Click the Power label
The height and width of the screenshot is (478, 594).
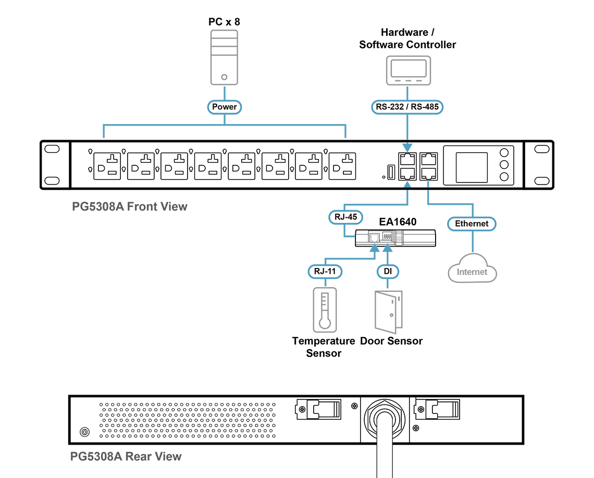[x=225, y=107]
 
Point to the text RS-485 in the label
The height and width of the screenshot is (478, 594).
[x=426, y=107]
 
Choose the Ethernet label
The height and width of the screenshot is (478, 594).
[x=472, y=224]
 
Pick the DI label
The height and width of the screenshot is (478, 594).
[x=388, y=271]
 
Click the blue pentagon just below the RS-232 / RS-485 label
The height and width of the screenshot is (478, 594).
[x=407, y=146]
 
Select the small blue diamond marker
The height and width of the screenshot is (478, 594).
[x=428, y=183]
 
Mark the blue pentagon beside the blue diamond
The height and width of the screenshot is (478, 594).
[x=407, y=184]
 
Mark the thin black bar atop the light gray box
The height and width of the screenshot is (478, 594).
[x=224, y=22]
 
